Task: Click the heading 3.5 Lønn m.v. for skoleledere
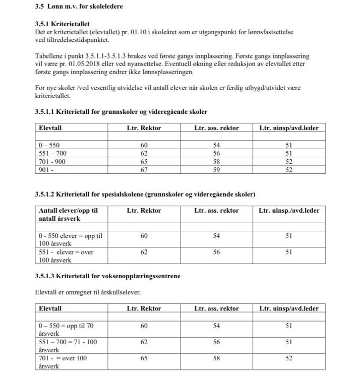coord(79,7)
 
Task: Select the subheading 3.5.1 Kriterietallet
coord(63,24)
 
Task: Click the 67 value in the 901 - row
coord(144,170)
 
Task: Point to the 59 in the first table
coord(216,170)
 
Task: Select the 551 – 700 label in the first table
coord(52,153)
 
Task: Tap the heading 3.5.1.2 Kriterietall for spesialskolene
coord(145,194)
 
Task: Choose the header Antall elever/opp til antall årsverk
coord(68,214)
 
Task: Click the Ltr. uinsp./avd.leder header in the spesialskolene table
coord(289,211)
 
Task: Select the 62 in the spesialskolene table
coord(144,252)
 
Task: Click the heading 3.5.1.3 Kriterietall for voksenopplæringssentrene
coord(107,276)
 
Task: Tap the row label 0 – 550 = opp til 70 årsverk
coord(66,330)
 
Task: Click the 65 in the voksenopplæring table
coord(144,358)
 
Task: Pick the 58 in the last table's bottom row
coord(216,358)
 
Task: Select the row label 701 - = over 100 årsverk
coord(63,362)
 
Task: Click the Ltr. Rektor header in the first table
coord(144,128)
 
